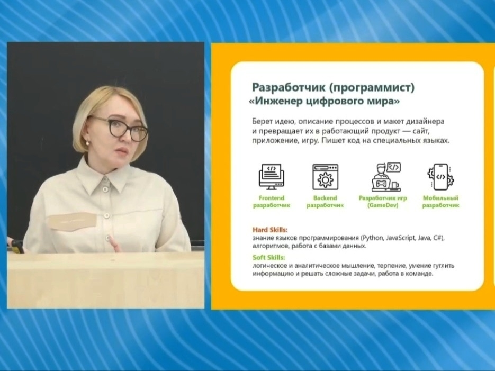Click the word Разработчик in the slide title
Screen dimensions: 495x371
point(288,87)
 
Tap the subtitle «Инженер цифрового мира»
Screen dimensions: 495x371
point(324,102)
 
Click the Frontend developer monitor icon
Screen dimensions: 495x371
point(271,177)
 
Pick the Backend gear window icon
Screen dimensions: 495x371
point(325,177)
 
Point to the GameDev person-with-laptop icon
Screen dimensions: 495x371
point(386,177)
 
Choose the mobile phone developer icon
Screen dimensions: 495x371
point(440,177)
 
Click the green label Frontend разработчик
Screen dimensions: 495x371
point(272,202)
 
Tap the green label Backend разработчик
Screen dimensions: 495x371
point(325,202)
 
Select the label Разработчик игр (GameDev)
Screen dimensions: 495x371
point(383,202)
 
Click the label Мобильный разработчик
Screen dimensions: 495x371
point(440,202)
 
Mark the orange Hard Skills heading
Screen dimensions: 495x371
point(270,230)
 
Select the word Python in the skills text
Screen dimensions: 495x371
point(373,238)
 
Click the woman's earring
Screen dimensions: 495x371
point(87,143)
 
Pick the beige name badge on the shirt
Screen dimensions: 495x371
point(72,221)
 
